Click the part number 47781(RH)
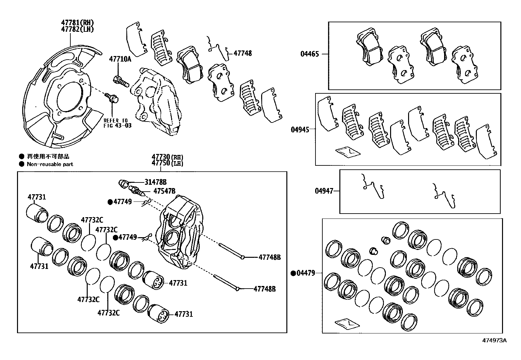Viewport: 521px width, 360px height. (77, 23)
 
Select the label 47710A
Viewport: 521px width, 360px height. (120, 59)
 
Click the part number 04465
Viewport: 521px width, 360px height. (310, 54)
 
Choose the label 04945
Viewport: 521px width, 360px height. (300, 129)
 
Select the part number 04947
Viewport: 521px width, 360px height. (324, 191)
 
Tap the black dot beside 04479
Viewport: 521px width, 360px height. (293, 273)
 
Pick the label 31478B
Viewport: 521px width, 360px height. (155, 182)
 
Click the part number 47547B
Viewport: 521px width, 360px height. (164, 191)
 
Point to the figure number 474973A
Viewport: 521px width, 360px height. (494, 340)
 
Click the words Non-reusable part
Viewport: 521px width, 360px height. (50, 164)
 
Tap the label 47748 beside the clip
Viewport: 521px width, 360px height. (243, 53)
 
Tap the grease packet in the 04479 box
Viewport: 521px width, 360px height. (348, 324)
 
